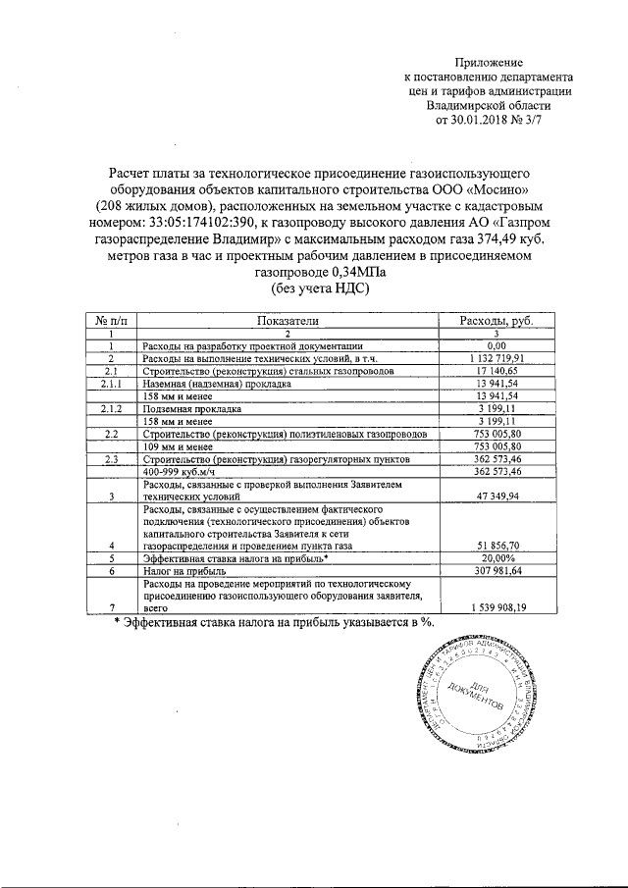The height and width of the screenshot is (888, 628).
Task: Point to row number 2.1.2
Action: point(111,408)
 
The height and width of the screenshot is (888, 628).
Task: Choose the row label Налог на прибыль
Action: point(185,570)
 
